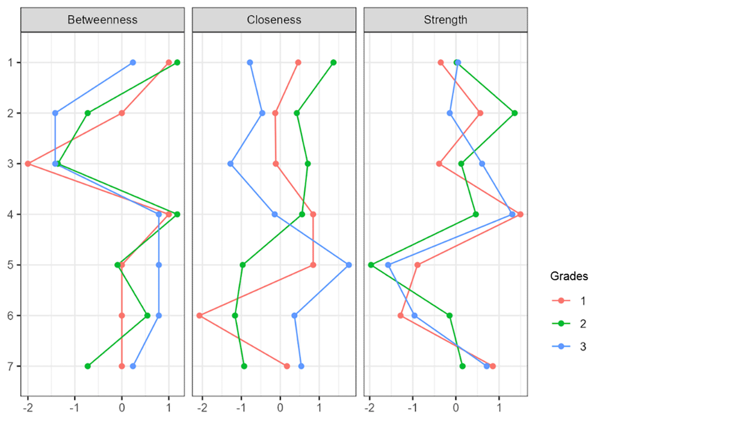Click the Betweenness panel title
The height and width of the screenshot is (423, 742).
click(x=102, y=20)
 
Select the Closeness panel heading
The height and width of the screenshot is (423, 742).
click(x=274, y=20)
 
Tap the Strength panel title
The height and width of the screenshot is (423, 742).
click(x=445, y=20)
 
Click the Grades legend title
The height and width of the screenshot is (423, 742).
click(x=569, y=276)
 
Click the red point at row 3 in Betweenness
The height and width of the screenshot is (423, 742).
click(x=28, y=164)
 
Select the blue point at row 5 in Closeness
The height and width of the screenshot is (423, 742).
click(x=349, y=265)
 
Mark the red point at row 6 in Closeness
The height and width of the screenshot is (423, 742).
click(x=200, y=316)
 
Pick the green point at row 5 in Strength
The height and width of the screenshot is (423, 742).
click(x=371, y=265)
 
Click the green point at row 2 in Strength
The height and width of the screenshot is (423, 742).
click(x=514, y=113)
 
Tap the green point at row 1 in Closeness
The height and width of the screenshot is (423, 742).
click(x=334, y=62)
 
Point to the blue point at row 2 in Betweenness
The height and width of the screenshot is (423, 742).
click(x=55, y=113)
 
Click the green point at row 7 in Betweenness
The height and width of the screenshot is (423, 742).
click(x=88, y=366)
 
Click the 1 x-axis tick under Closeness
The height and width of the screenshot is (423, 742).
click(x=319, y=408)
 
